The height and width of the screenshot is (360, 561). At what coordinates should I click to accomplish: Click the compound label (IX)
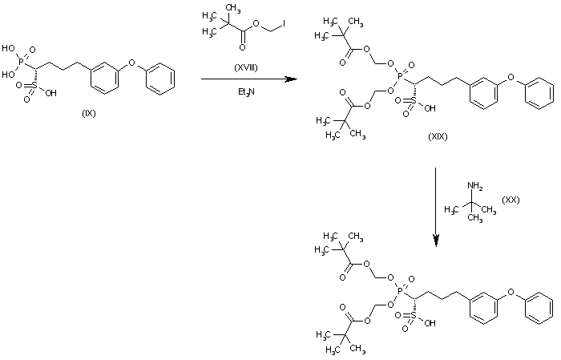(x=89, y=112)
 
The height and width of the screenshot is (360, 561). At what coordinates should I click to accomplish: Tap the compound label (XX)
(x=511, y=199)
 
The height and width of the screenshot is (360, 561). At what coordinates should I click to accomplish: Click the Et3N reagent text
(x=240, y=94)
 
